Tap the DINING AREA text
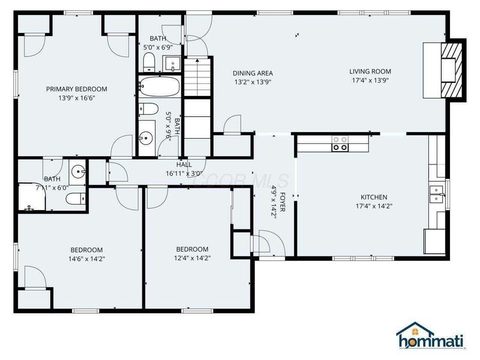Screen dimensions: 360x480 coord(253,73)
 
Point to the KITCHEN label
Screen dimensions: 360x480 coord(373,197)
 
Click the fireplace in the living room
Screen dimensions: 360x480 coord(451,70)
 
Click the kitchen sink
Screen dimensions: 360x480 coord(435,192)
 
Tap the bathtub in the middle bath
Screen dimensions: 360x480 coord(159,88)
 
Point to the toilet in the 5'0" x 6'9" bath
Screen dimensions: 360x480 coord(149,61)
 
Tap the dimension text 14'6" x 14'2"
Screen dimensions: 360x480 coord(87,259)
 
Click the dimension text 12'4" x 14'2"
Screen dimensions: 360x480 coord(192,258)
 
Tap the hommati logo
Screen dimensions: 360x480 coord(430,337)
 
